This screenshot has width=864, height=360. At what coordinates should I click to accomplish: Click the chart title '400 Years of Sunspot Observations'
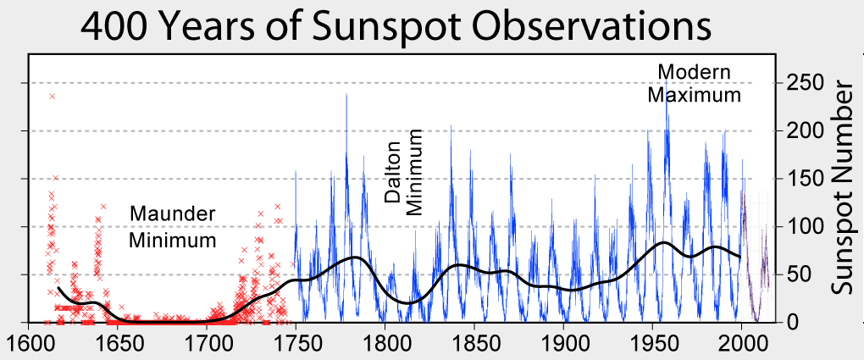point(396,27)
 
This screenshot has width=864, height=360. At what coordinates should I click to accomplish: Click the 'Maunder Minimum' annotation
point(172,226)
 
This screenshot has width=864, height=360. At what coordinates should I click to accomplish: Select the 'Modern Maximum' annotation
point(694,83)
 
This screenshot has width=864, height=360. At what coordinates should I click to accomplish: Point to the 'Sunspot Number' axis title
point(840,187)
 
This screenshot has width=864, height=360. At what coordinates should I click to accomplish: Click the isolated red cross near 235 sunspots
point(53,97)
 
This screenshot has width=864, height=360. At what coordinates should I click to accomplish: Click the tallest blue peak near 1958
point(667,89)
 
